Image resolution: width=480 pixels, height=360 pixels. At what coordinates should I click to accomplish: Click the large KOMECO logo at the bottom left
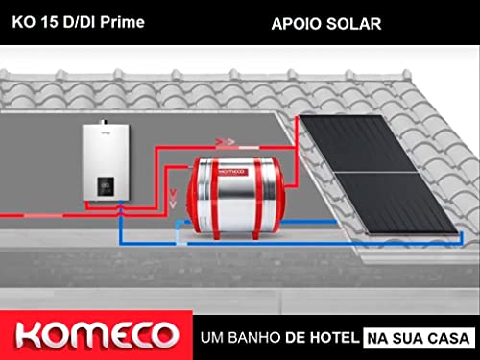coord(93,334)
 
